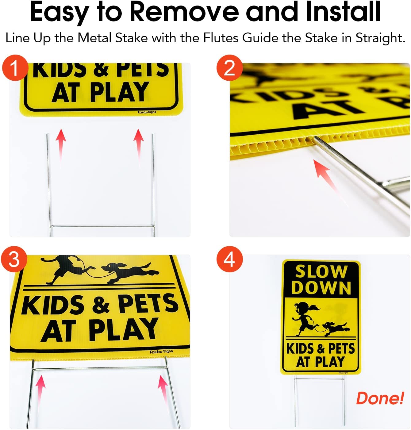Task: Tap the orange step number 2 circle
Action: pyautogui.click(x=229, y=68)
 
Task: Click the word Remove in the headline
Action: pyautogui.click(x=184, y=12)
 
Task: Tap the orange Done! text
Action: pyautogui.click(x=380, y=398)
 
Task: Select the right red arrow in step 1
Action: pyautogui.click(x=139, y=143)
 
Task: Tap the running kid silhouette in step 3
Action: pyautogui.click(x=66, y=268)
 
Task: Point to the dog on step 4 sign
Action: pyautogui.click(x=336, y=329)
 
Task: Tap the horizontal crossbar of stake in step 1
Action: pyautogui.click(x=102, y=226)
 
